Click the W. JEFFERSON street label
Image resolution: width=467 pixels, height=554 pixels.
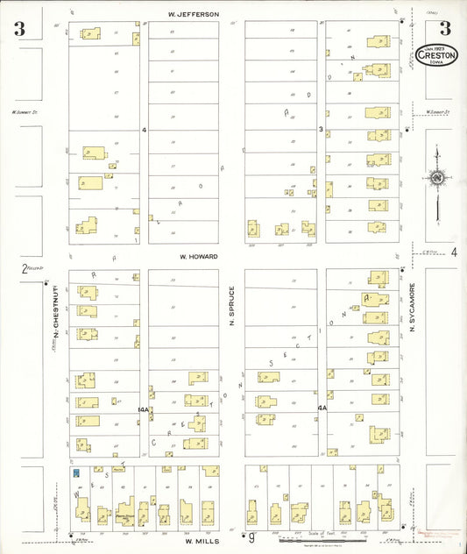click(194, 14)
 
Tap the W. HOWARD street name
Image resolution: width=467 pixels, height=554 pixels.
click(199, 257)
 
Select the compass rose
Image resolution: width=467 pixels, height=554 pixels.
click(436, 180)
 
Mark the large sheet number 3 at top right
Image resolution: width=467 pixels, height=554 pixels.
click(445, 28)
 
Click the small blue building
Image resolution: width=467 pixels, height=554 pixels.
click(77, 472)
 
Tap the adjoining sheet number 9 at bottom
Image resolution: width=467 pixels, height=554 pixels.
click(251, 536)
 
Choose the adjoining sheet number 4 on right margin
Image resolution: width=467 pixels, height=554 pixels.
click(454, 252)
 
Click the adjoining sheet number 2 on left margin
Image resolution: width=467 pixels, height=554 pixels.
click(25, 269)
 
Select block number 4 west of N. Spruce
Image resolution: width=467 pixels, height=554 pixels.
click(144, 130)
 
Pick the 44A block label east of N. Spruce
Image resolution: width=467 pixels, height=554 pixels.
click(322, 408)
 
